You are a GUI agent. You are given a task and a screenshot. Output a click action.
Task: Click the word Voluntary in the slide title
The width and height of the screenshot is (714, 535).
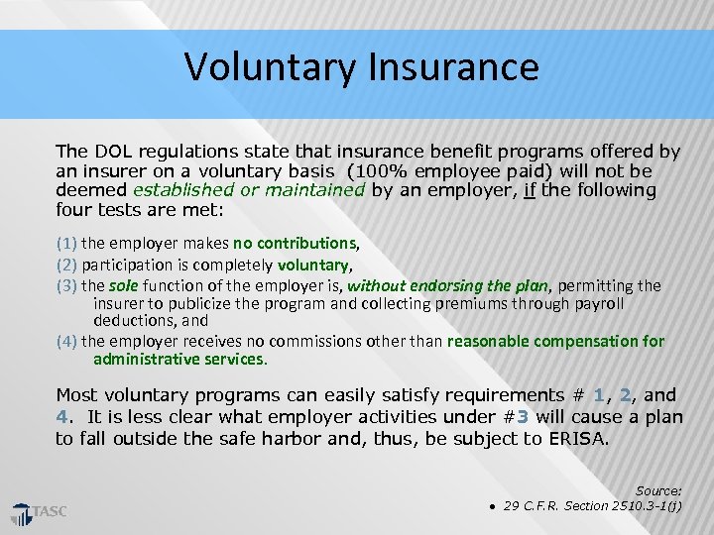coord(270,67)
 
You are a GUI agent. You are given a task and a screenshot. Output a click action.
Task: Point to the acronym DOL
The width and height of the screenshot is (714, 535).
coord(110,152)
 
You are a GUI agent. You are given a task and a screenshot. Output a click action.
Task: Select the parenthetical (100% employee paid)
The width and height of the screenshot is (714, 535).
coord(452,170)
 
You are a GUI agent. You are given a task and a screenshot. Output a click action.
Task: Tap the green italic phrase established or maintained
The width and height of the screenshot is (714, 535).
coord(249,189)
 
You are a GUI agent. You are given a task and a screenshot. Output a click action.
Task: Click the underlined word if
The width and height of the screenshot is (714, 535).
coord(531,189)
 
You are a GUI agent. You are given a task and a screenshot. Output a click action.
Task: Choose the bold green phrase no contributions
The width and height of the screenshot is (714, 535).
coord(294,243)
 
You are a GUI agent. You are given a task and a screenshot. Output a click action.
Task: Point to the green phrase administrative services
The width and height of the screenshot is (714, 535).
coord(179,359)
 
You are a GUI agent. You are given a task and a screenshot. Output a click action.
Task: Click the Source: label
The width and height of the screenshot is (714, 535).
coord(658,490)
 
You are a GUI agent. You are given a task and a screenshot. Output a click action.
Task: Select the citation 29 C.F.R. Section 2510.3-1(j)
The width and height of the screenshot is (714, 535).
coord(592,506)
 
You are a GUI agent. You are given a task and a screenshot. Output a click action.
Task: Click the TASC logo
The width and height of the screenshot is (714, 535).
coord(39,512)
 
